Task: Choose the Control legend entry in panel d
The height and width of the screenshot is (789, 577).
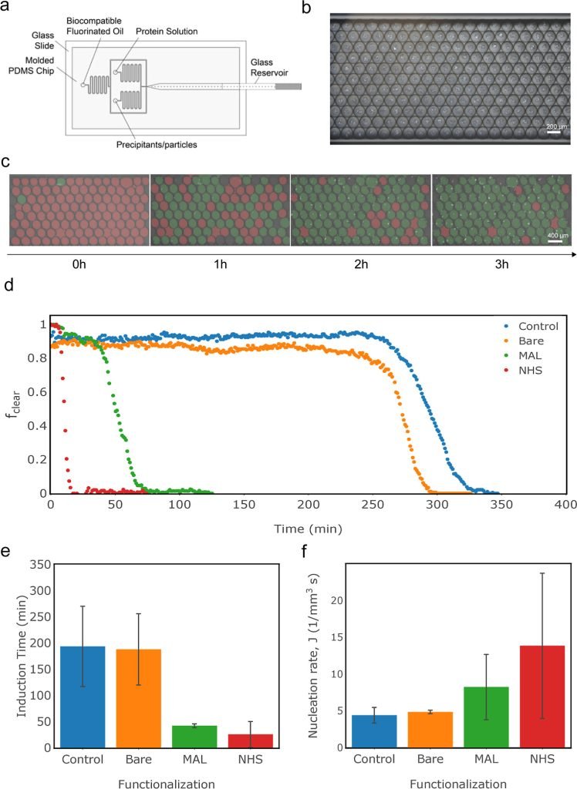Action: coord(535,326)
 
